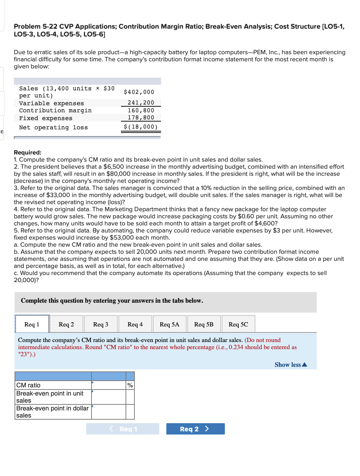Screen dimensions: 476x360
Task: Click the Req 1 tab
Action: [x=32, y=324]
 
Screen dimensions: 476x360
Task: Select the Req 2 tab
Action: [x=66, y=324]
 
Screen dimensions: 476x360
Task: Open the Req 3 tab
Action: [x=101, y=324]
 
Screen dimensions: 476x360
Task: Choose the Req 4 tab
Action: [x=135, y=324]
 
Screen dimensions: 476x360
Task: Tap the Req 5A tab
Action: [x=170, y=324]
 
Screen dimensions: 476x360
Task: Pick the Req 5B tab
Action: [x=204, y=324]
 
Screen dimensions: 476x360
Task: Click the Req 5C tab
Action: [x=238, y=324]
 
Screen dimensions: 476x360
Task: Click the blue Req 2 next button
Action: [x=195, y=429]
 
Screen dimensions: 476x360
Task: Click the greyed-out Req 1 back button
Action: [x=123, y=429]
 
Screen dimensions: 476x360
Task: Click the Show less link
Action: [x=290, y=365]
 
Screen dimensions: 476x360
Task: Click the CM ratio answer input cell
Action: [x=109, y=385]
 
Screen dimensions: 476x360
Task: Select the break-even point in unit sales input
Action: [x=109, y=397]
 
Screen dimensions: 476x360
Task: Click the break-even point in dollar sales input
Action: [x=109, y=412]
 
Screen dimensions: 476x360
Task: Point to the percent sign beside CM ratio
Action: [x=130, y=385]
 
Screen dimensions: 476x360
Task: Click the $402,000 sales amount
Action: [x=139, y=92]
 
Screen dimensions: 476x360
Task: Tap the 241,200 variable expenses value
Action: [x=141, y=103]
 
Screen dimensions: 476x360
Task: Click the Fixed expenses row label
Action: [x=46, y=118]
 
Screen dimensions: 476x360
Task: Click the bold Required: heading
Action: [x=28, y=152]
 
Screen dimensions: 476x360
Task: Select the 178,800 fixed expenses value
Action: [x=141, y=118]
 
